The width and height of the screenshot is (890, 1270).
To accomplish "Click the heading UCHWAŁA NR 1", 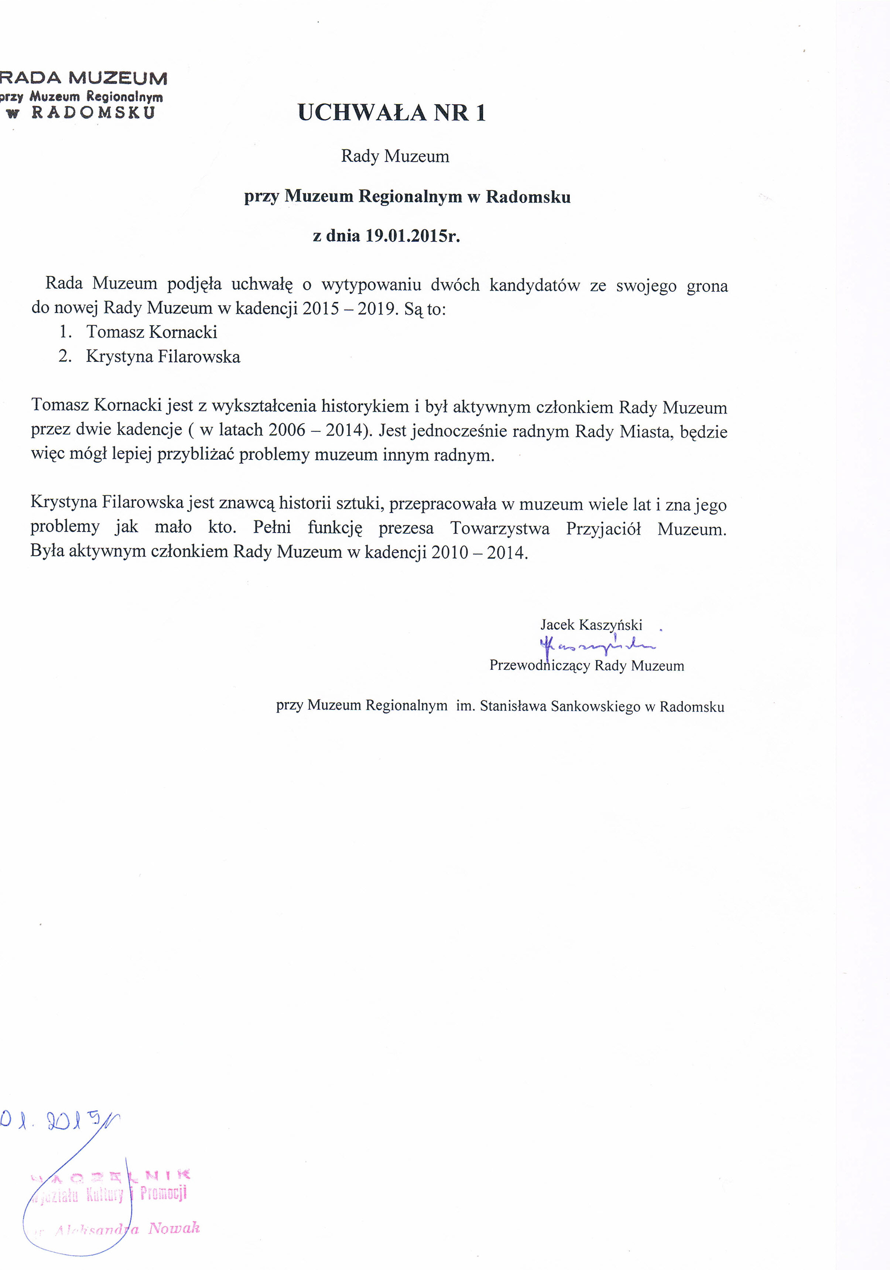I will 391,113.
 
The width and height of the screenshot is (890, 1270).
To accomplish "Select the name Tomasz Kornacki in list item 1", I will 151,332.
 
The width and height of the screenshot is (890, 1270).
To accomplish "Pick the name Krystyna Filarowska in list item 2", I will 163,356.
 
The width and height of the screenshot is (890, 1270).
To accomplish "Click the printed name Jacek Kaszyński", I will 591,625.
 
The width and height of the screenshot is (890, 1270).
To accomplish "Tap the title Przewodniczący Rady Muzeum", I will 586,665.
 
